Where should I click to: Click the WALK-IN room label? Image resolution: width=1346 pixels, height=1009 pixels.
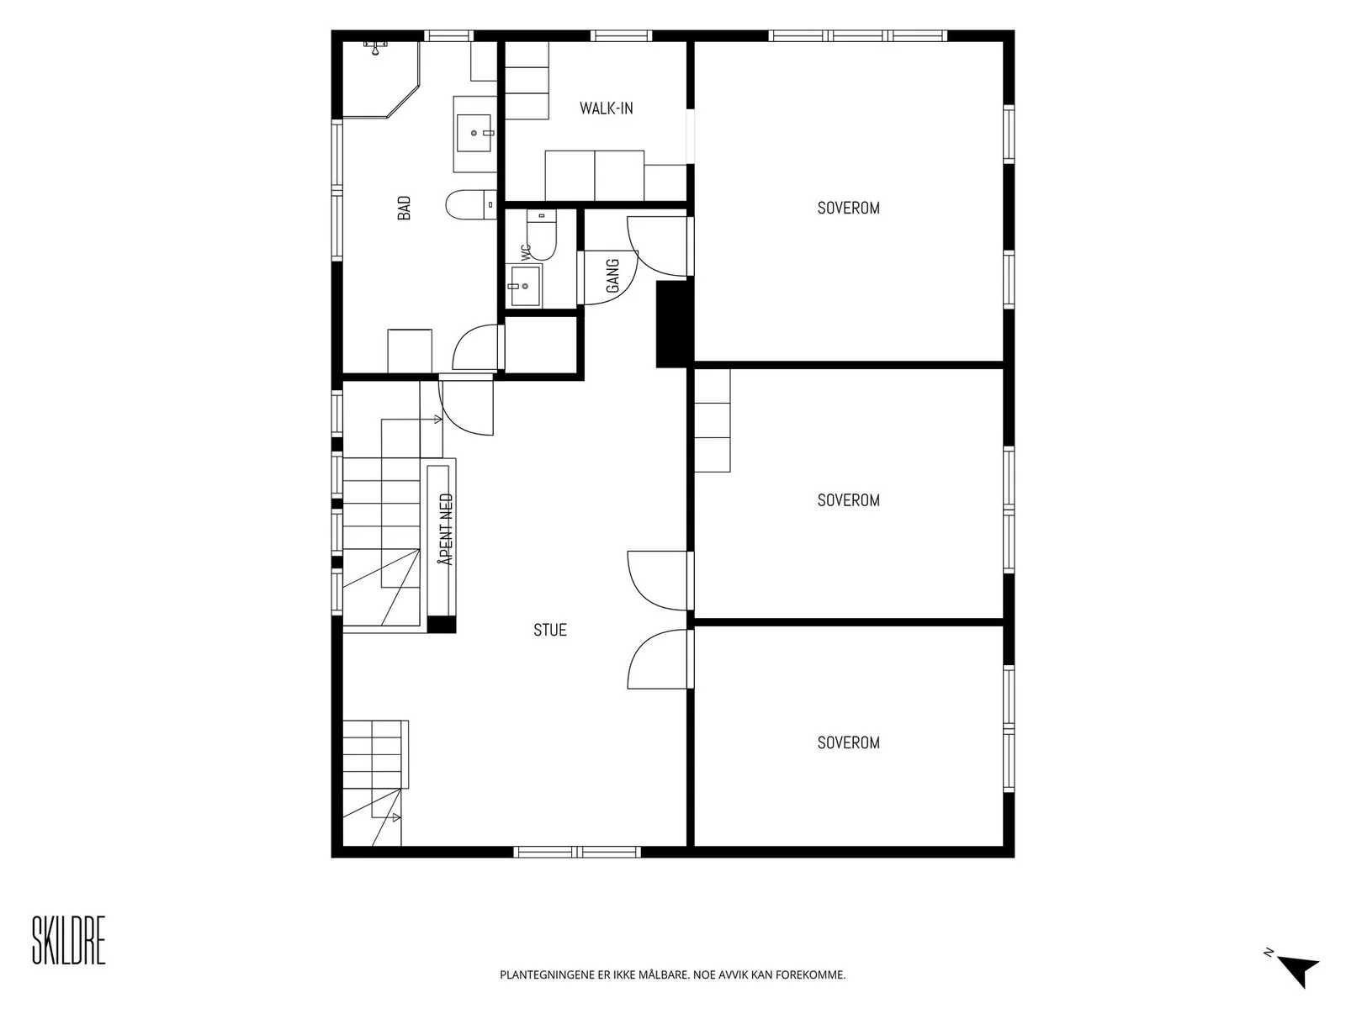[x=606, y=108]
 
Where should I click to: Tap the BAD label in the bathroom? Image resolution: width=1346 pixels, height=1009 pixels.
[x=404, y=208]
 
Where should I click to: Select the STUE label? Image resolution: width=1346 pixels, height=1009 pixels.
[x=550, y=630]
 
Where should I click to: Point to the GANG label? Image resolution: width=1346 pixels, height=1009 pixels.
[x=612, y=276]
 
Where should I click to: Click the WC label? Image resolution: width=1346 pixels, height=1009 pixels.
[x=526, y=253]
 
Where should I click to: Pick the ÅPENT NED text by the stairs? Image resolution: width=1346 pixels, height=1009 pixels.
[x=447, y=530]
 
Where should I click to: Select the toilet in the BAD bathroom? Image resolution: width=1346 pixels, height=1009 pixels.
[x=471, y=204]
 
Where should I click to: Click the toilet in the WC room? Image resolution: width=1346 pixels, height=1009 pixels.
[x=542, y=235]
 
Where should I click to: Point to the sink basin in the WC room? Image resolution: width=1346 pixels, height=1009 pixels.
[x=524, y=285]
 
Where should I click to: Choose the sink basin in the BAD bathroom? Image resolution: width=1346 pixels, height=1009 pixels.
[x=474, y=133]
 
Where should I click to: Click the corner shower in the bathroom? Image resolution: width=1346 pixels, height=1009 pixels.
[x=381, y=79]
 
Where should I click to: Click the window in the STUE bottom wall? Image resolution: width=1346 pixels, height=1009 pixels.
[x=577, y=852]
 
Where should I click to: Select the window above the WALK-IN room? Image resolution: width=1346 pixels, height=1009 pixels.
[x=621, y=35]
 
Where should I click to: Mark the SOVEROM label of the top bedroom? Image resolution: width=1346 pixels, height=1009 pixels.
[x=849, y=209]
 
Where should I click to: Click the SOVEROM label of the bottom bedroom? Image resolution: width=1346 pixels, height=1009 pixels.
[x=849, y=743]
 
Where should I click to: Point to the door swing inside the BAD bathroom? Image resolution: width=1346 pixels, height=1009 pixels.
[x=475, y=347]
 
